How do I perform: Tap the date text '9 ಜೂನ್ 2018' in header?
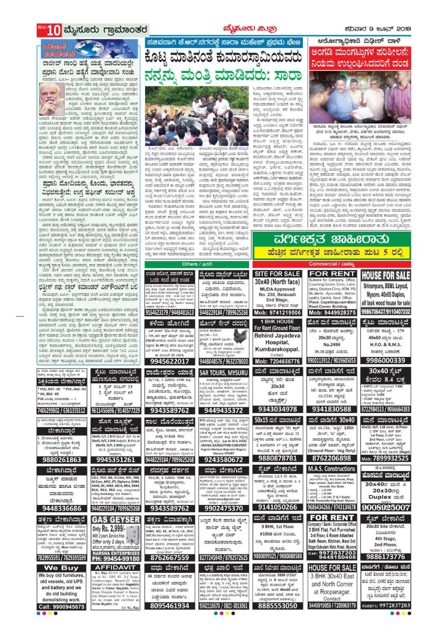tap(390, 29)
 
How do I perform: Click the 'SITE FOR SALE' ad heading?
tap(277, 274)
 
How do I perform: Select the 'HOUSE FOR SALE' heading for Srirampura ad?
tap(385, 275)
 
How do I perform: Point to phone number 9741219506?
tap(277, 313)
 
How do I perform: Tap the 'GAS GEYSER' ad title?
tap(116, 520)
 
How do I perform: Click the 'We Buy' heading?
tap(61, 568)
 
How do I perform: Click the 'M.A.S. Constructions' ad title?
tap(331, 469)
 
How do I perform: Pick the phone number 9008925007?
tap(385, 507)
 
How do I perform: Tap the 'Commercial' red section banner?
tap(331, 264)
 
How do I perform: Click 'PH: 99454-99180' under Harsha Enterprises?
tap(116, 558)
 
